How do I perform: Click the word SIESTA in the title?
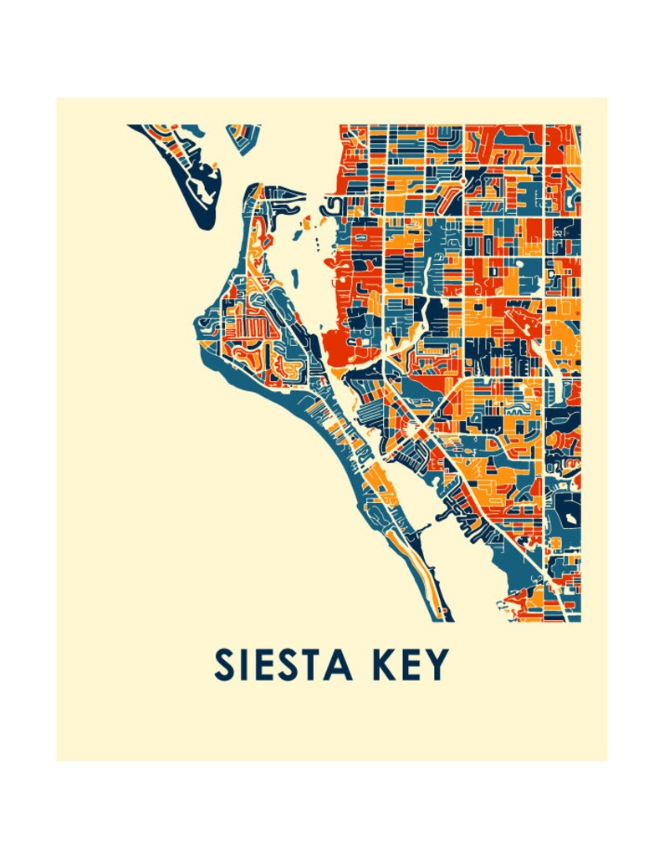click(283, 665)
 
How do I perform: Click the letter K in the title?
click(378, 665)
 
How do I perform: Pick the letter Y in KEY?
click(438, 665)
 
